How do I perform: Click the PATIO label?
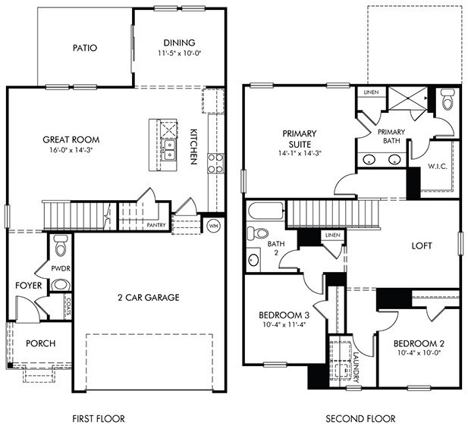[85, 48]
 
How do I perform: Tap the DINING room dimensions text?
[179, 55]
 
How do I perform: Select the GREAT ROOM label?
[71, 139]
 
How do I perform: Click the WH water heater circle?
[213, 225]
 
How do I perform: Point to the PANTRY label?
[156, 224]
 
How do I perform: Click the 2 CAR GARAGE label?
[148, 297]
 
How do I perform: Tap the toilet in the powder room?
[61, 244]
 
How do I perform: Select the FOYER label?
[28, 286]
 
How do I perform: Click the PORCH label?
[40, 343]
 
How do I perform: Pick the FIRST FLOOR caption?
[98, 418]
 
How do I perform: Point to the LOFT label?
[422, 246]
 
